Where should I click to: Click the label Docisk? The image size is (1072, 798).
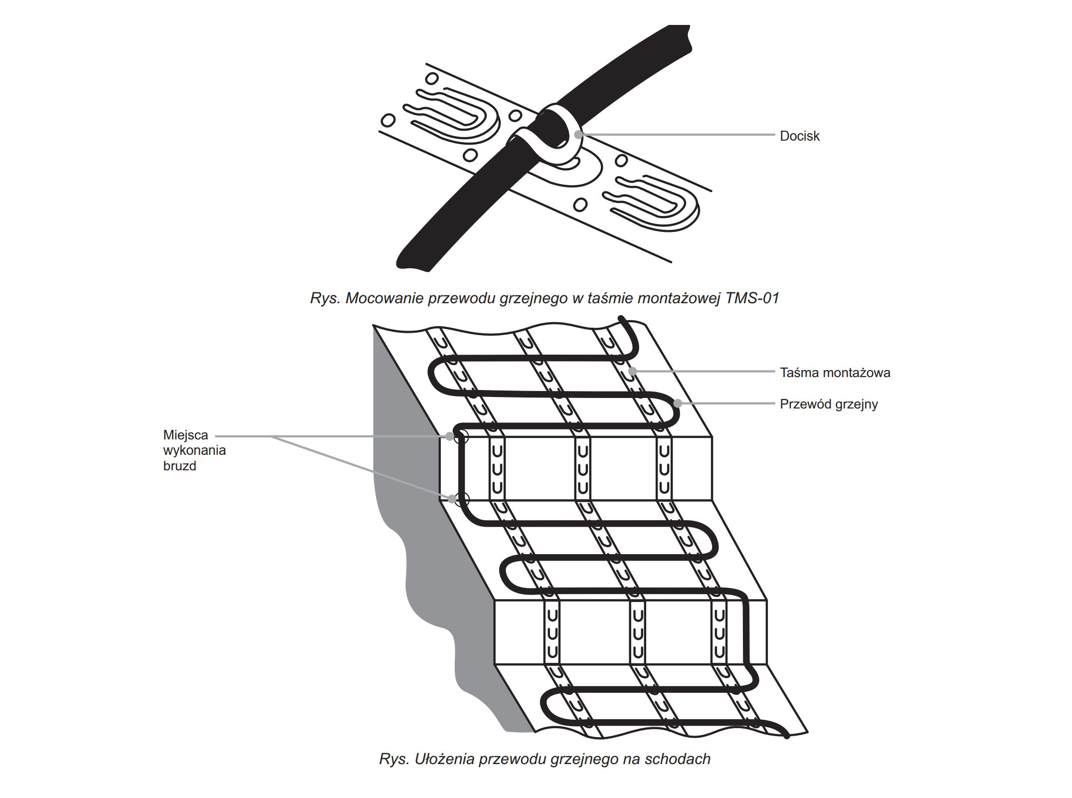(x=799, y=136)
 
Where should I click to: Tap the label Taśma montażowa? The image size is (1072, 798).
(x=835, y=373)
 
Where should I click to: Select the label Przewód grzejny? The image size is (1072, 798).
(x=829, y=404)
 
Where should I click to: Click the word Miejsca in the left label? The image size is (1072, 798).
(x=185, y=435)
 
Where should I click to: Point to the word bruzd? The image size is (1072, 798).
(x=179, y=466)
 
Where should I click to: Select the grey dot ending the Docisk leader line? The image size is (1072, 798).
(x=578, y=134)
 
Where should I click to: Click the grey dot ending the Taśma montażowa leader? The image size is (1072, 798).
(x=633, y=371)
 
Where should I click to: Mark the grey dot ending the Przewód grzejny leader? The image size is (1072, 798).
(x=678, y=403)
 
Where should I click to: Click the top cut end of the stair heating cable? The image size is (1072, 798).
(x=621, y=318)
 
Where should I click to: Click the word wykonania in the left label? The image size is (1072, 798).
(x=194, y=450)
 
